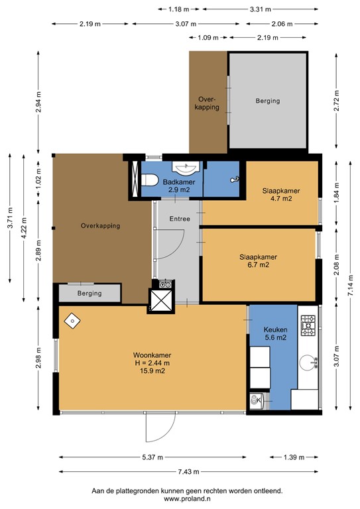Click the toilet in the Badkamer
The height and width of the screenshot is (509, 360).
[149, 180]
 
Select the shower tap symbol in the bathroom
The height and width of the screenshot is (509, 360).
[235, 179]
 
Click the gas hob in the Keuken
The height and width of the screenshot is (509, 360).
[308, 325]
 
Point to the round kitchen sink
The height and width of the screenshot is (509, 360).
[308, 363]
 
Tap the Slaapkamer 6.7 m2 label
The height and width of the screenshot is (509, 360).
[259, 260]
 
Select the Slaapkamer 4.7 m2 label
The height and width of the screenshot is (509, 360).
[281, 194]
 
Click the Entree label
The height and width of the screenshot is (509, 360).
[180, 219]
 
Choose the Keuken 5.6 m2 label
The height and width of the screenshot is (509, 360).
[275, 333]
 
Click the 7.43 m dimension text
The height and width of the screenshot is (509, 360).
[188, 472]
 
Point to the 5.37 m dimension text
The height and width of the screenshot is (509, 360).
[152, 457]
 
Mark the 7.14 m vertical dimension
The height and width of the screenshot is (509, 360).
[350, 286]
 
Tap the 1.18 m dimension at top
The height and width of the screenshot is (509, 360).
[178, 9]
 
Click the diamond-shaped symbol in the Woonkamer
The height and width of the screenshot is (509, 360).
[72, 321]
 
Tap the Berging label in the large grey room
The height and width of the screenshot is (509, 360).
[268, 101]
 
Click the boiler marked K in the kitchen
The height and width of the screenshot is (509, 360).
[258, 400]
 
